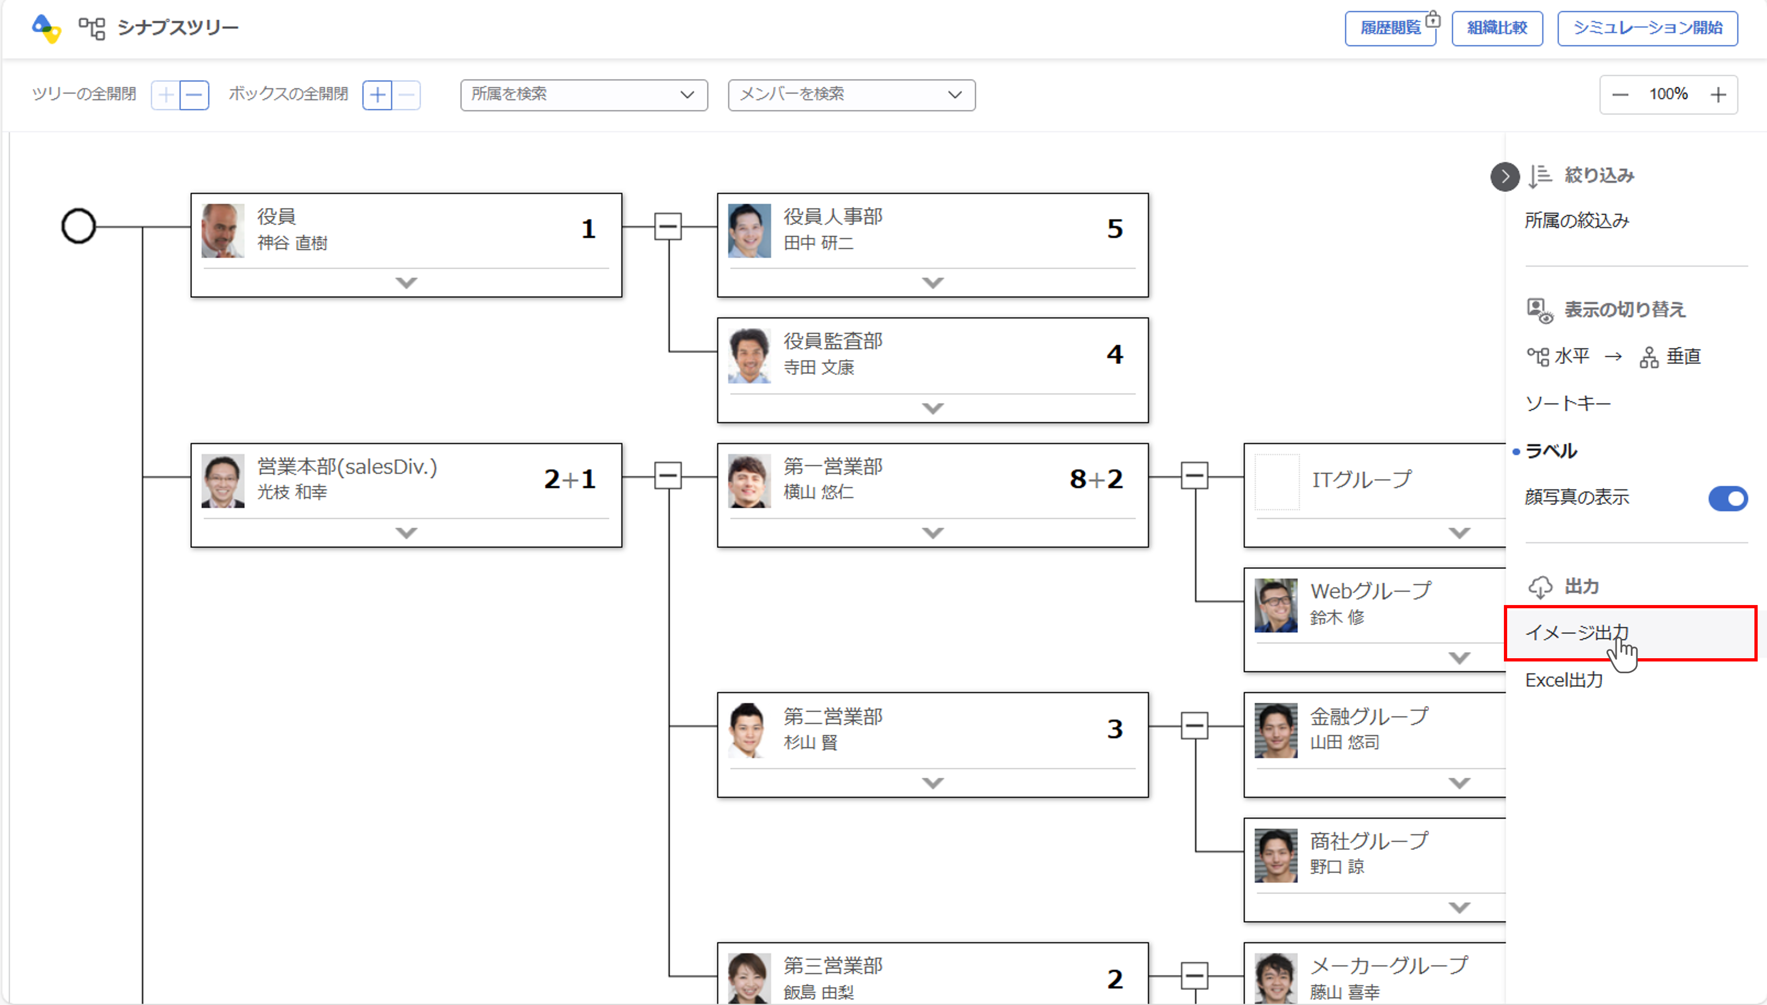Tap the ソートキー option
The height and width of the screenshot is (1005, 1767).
1568,404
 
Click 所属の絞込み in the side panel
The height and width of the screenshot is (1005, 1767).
1577,221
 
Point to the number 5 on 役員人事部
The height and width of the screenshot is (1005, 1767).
1114,229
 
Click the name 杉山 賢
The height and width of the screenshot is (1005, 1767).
810,743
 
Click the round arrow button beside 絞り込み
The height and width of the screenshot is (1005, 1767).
1505,177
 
